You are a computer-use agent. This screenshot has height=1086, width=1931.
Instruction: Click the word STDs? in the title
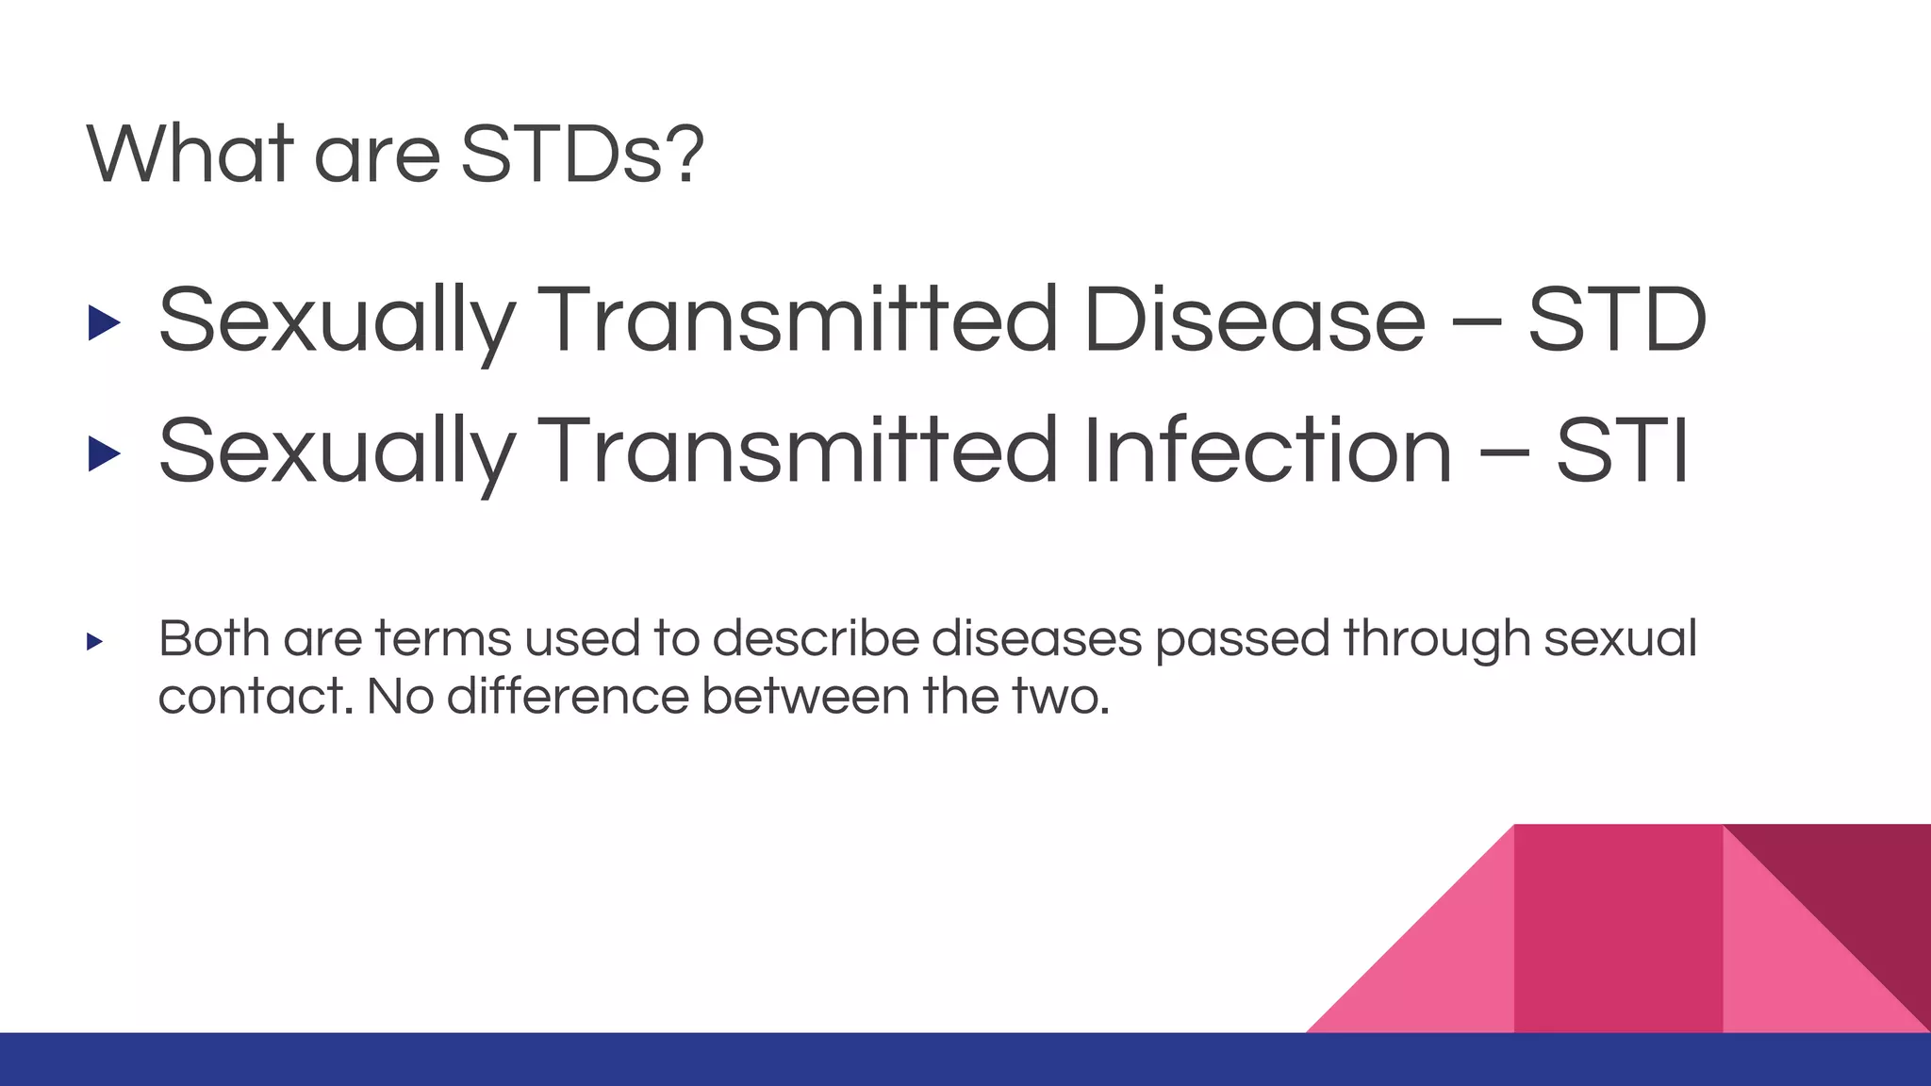point(582,154)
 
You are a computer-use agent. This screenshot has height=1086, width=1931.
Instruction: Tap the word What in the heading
point(190,154)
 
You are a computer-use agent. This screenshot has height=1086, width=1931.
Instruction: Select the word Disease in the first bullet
point(1254,320)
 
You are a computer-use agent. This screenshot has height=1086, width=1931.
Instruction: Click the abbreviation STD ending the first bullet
point(1616,320)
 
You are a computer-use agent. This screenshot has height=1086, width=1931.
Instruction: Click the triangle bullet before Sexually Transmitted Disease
point(104,322)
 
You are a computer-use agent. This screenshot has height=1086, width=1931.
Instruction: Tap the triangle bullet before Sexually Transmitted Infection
point(104,453)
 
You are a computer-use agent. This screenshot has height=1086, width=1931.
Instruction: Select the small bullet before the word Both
point(94,642)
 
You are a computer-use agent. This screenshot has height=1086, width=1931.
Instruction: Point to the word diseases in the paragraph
point(1037,638)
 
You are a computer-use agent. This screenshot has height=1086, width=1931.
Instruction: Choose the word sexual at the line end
point(1620,638)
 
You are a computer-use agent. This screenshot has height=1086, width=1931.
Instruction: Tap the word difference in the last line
point(568,697)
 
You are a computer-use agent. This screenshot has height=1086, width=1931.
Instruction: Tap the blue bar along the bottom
point(660,1060)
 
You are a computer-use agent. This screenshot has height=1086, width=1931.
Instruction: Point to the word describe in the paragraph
point(816,638)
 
